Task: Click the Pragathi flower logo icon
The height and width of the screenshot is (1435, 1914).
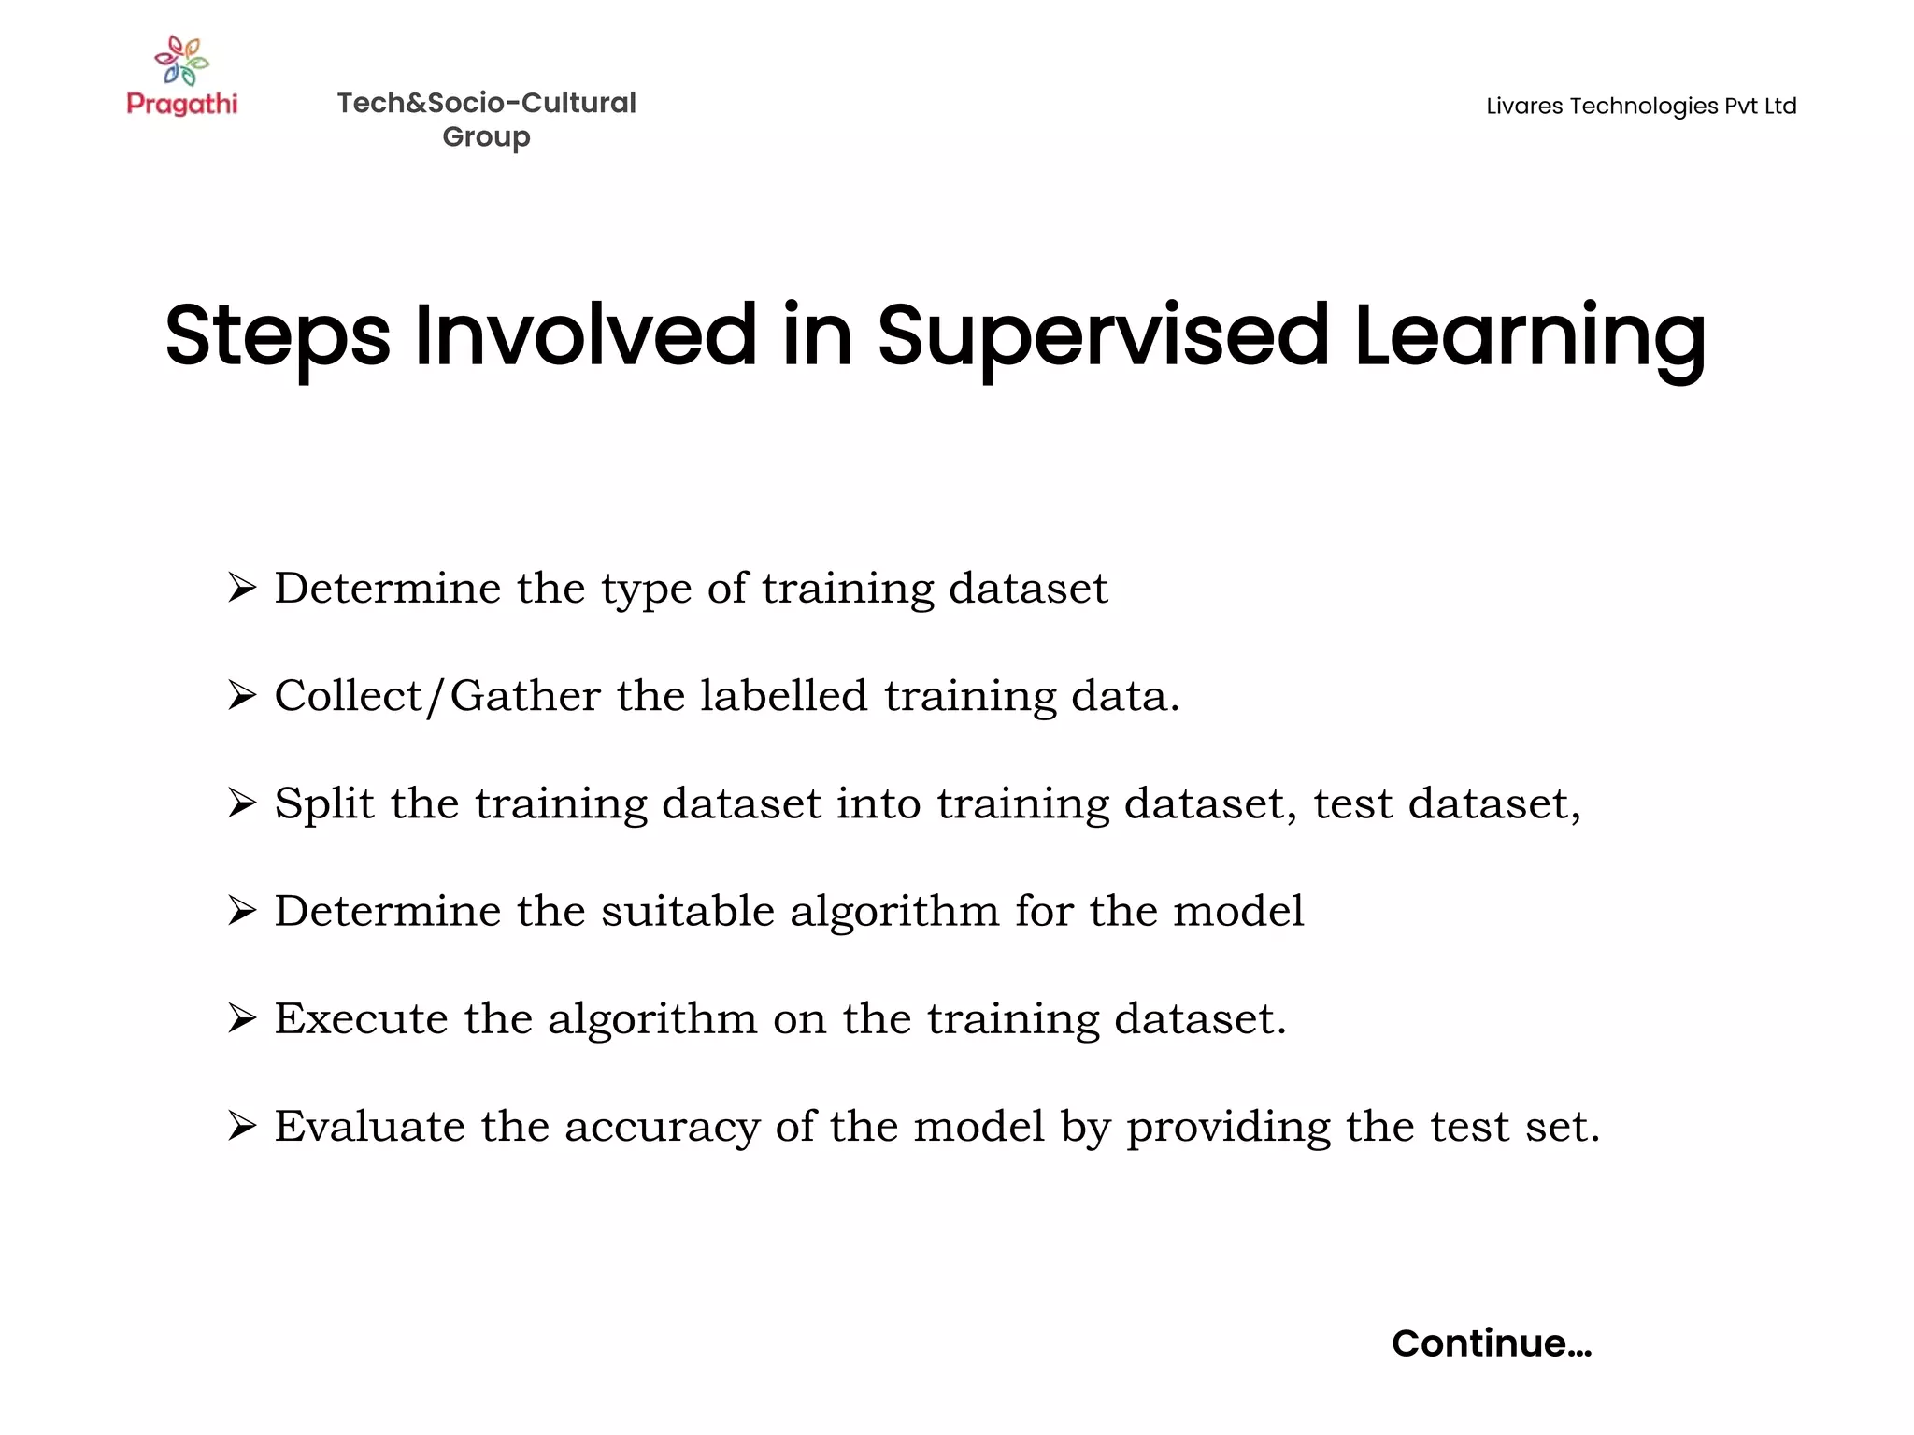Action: [x=182, y=61]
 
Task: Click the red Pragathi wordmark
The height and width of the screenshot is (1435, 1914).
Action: [x=182, y=103]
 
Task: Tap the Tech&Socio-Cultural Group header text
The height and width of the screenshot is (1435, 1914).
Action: [x=486, y=119]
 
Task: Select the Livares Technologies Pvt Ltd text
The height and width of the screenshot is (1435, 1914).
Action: [x=1641, y=106]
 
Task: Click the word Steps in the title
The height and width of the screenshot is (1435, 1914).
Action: [x=278, y=336]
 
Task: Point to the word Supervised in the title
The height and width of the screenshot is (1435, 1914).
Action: [x=1103, y=336]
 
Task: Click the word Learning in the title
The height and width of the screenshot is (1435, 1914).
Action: [x=1530, y=336]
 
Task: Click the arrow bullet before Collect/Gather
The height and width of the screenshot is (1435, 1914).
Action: [x=242, y=695]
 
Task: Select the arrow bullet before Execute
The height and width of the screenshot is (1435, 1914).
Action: [x=242, y=1017]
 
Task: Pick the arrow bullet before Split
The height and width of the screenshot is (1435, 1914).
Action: [x=242, y=803]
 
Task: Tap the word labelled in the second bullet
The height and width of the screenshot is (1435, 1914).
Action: [x=784, y=695]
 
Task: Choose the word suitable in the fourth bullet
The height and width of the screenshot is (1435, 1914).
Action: [x=688, y=910]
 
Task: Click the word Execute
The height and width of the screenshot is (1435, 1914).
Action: [x=361, y=1017]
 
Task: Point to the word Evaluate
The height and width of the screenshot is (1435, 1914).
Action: [x=370, y=1125]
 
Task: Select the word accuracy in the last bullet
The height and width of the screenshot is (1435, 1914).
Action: [x=662, y=1127]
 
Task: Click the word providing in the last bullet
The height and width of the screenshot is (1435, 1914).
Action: [x=1228, y=1127]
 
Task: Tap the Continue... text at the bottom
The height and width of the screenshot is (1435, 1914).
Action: [x=1492, y=1343]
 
